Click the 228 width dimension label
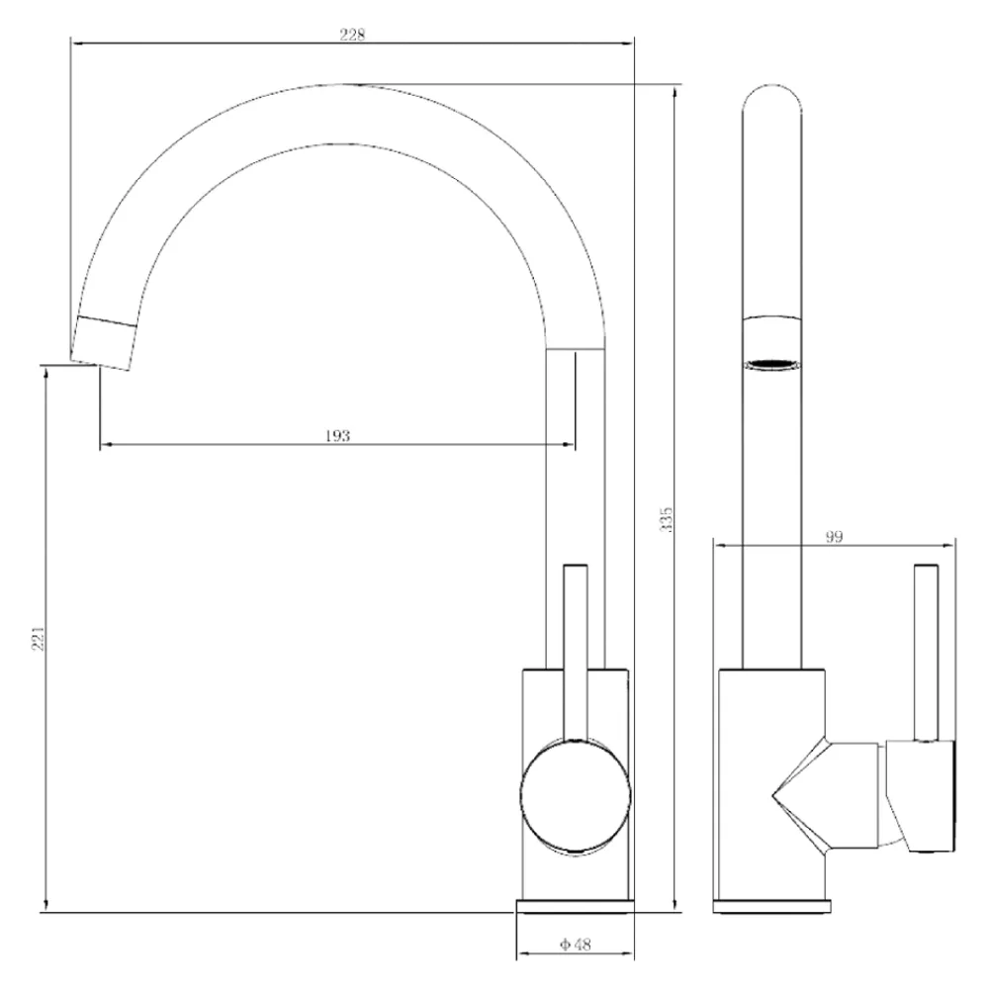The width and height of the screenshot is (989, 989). pos(352,35)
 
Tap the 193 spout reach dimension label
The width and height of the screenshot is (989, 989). pos(337,436)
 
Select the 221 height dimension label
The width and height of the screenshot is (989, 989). pos(39,638)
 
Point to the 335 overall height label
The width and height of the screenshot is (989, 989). pos(666,519)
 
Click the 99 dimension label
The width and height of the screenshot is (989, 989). pos(834,537)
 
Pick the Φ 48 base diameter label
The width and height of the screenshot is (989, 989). pos(576,944)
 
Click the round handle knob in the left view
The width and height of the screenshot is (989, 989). pos(576,796)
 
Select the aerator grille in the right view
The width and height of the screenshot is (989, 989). pos(772,365)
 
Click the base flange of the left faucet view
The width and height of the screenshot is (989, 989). pos(575,906)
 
